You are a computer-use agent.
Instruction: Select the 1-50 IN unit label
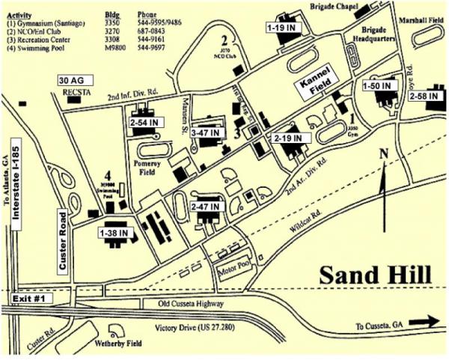click(x=377, y=87)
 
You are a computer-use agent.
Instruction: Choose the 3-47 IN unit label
click(x=206, y=132)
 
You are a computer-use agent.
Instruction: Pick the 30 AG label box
click(x=73, y=79)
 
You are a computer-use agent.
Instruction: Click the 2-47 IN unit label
click(x=205, y=205)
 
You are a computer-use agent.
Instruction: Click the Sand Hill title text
click(x=376, y=275)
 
